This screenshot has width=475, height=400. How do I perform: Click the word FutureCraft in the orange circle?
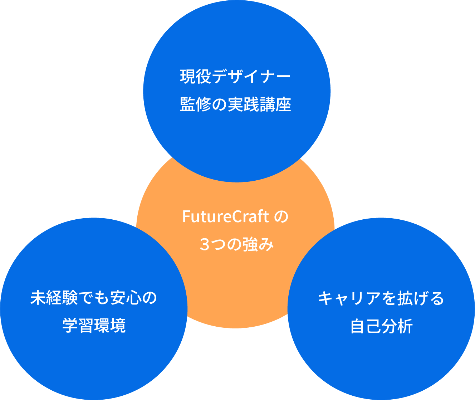point(225,216)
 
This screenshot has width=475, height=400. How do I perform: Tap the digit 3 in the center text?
point(204,245)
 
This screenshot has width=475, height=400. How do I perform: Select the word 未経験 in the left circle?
point(54,298)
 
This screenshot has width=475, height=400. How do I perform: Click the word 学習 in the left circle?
point(78,326)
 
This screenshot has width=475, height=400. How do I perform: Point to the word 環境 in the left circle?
point(110,326)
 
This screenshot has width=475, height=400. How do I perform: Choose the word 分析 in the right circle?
point(397,326)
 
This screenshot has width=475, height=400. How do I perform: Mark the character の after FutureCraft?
point(281,216)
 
